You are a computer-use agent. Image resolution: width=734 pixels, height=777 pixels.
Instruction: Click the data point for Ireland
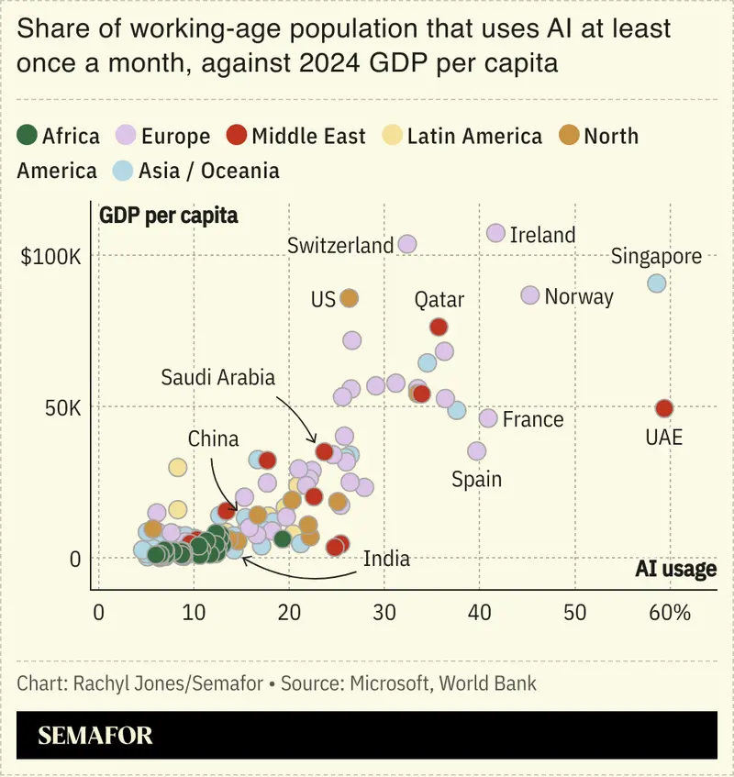(495, 233)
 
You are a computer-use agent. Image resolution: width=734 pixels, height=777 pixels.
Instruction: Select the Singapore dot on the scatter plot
(656, 283)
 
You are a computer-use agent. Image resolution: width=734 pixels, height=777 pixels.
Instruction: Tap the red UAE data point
(664, 408)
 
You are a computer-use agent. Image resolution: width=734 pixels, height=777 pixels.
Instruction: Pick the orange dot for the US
(349, 298)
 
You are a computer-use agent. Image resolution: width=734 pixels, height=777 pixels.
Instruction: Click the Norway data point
(529, 294)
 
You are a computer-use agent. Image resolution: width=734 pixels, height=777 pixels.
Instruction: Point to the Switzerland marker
(407, 244)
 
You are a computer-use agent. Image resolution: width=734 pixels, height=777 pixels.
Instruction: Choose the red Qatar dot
(439, 327)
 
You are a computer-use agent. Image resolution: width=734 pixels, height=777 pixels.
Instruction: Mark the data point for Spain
(476, 450)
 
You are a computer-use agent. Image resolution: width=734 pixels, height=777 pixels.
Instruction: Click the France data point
(488, 418)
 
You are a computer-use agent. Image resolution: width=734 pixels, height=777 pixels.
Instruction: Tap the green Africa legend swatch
(28, 137)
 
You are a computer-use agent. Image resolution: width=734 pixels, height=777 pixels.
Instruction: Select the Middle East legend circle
(238, 137)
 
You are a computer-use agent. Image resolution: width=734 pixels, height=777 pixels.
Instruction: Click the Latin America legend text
(474, 137)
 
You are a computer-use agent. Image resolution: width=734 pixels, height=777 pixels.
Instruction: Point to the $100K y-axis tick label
(51, 255)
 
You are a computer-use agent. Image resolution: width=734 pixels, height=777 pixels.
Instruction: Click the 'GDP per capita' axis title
(168, 216)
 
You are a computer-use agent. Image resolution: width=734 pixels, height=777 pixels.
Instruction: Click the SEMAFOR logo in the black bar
(95, 735)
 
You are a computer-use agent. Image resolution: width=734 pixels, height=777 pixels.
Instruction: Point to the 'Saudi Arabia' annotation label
(217, 377)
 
